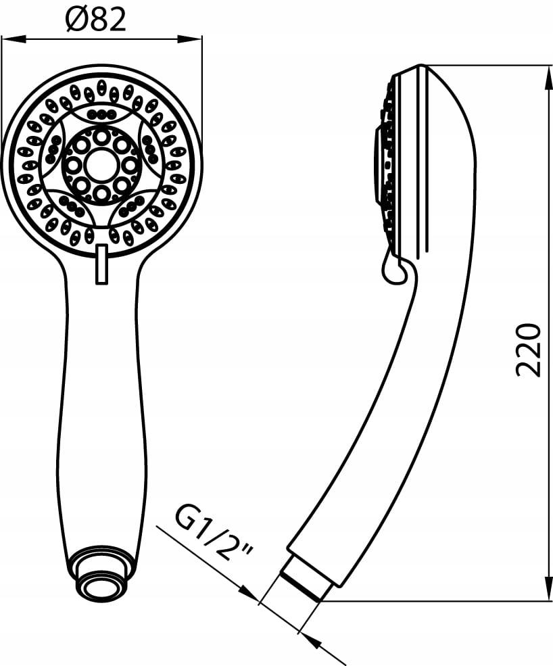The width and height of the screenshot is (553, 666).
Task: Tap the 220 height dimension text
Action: click(528, 350)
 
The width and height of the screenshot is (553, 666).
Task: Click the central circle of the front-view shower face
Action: click(101, 165)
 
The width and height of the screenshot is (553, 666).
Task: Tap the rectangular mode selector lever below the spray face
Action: click(101, 264)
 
